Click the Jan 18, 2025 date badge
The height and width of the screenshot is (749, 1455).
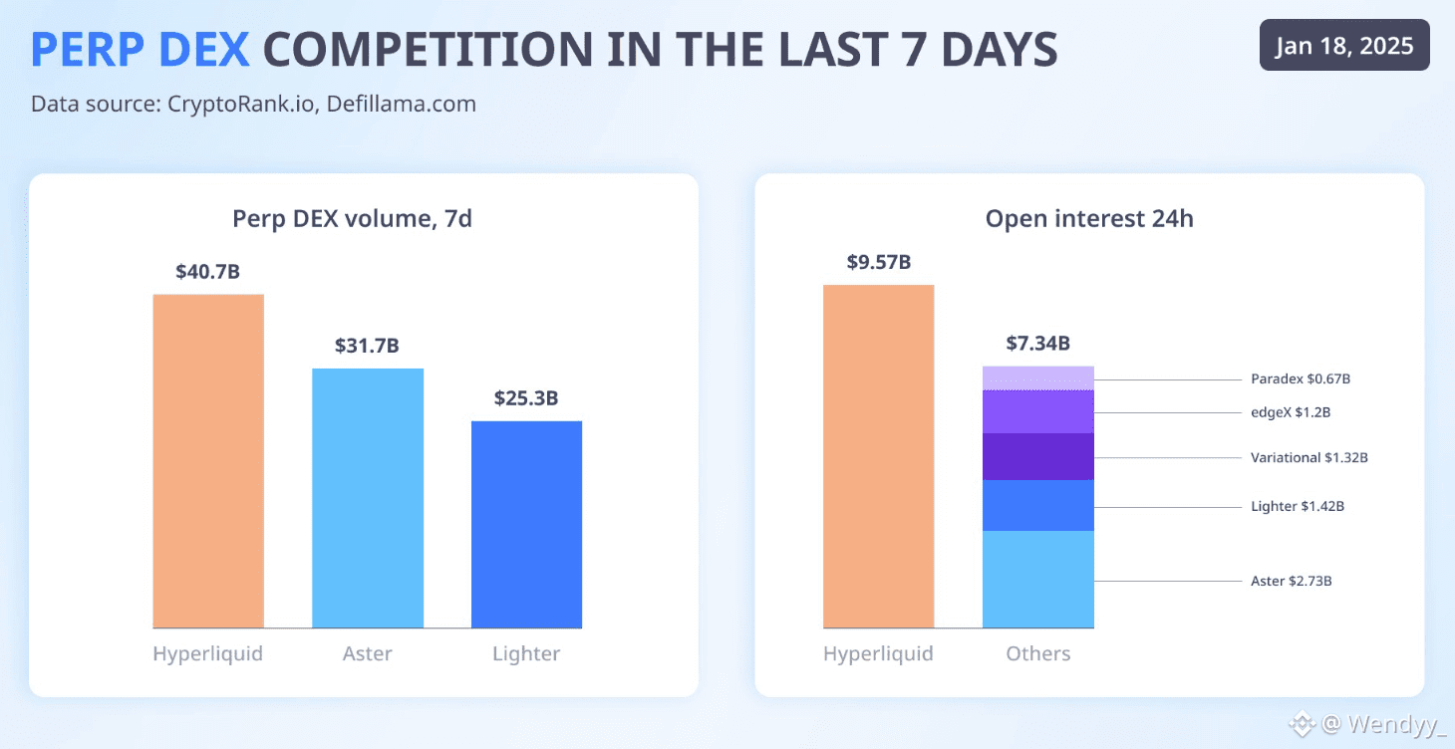(x=1343, y=46)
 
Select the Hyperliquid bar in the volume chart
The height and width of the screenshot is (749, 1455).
(x=208, y=460)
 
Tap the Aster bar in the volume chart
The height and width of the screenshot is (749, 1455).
(x=368, y=498)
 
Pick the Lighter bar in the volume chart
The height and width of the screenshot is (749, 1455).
(x=526, y=524)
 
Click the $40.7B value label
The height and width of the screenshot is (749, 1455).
(x=207, y=271)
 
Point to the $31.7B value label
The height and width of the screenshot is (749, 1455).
(x=367, y=346)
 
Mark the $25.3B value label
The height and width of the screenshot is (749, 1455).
(x=526, y=398)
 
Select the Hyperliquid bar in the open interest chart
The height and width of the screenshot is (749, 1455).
(x=878, y=456)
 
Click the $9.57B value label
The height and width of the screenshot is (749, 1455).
(x=878, y=262)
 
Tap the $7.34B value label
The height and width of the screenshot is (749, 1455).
(x=1037, y=344)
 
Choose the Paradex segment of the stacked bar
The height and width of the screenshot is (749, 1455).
(x=1037, y=377)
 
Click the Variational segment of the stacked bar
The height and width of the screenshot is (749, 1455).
(x=1037, y=456)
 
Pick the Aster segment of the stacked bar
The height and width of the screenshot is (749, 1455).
(x=1037, y=579)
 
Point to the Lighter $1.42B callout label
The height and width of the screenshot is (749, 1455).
(x=1298, y=506)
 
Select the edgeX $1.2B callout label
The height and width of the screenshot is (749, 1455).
(x=1291, y=412)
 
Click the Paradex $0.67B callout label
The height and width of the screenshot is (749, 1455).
(x=1300, y=379)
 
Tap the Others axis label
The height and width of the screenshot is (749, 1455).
(x=1037, y=653)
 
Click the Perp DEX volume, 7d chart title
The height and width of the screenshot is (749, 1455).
(x=352, y=218)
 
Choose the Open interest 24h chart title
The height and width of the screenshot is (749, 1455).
(x=1088, y=218)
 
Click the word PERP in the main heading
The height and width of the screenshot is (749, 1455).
(x=88, y=50)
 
